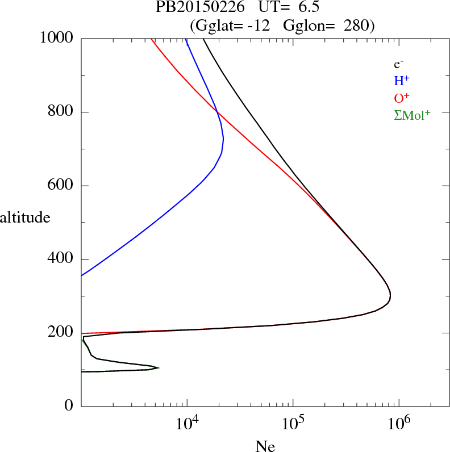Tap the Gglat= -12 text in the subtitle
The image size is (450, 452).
tap(230, 26)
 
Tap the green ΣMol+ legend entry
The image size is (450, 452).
tap(412, 115)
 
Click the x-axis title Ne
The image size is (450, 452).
tap(265, 446)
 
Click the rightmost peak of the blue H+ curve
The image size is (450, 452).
tap(223, 138)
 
